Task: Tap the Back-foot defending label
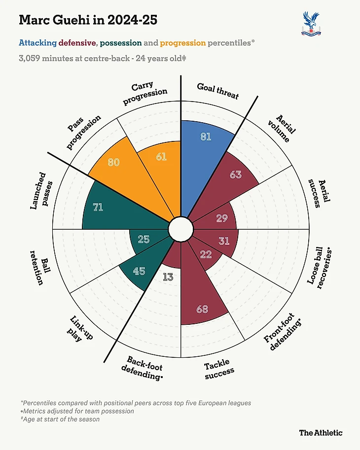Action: [144, 369]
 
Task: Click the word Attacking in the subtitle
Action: [37, 43]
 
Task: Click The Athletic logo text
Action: [321, 433]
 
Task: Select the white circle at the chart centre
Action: [180, 229]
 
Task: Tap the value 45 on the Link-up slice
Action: [139, 271]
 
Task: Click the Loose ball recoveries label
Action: [319, 269]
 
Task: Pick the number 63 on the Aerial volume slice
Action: [236, 174]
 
